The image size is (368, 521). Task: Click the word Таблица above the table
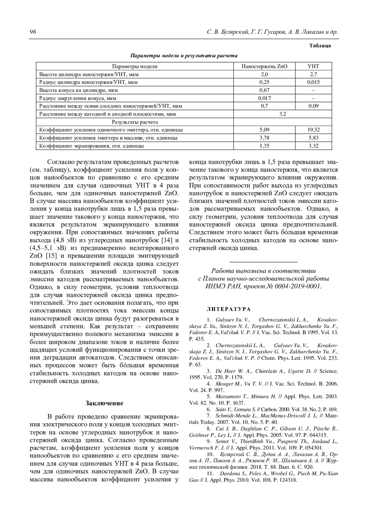click(320, 46)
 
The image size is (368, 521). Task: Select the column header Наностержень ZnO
click(264, 66)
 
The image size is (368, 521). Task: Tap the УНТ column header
click(313, 66)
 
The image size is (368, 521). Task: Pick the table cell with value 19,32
click(313, 130)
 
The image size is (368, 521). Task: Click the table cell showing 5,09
click(264, 130)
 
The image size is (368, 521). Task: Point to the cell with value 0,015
click(313, 82)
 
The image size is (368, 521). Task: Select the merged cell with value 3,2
click(282, 114)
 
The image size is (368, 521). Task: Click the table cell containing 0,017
click(264, 98)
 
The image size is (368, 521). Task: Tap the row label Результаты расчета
click(135, 122)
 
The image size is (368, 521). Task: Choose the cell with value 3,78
click(264, 138)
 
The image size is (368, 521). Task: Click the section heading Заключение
click(104, 403)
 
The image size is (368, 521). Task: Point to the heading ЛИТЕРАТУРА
click(228, 309)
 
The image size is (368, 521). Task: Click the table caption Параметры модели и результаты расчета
click(184, 56)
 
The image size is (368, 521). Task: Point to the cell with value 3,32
click(313, 146)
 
